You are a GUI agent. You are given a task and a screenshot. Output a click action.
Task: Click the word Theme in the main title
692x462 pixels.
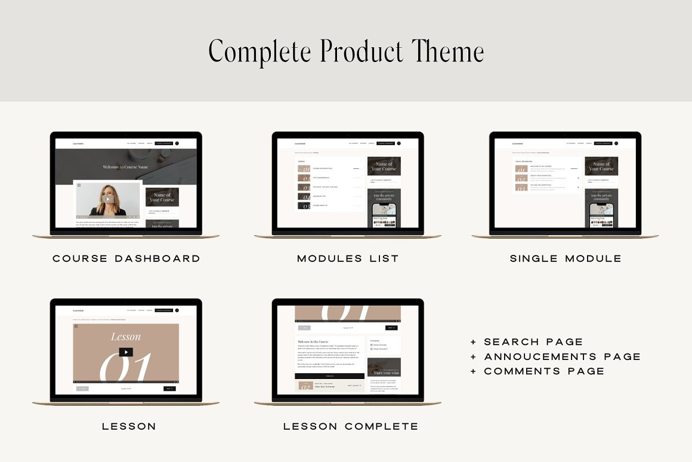448,51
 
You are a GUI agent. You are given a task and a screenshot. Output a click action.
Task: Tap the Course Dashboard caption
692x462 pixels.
126,258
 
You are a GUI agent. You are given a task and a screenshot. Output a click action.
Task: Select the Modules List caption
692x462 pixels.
348,258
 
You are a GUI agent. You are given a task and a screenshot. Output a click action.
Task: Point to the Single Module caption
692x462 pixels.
566,258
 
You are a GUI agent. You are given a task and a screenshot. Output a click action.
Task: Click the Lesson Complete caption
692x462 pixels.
350,426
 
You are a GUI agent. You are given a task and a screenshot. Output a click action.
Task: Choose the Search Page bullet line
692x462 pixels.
527,342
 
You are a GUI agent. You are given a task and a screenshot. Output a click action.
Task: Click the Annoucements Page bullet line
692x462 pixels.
556,356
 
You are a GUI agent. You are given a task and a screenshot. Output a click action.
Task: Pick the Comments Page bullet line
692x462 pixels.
538,371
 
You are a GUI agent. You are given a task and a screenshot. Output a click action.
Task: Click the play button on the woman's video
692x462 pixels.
107,199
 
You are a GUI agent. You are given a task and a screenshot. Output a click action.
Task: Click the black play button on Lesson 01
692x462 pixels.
126,352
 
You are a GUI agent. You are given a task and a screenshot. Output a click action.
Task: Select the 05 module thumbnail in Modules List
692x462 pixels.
304,205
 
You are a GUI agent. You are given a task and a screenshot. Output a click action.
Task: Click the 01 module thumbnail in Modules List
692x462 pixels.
304,169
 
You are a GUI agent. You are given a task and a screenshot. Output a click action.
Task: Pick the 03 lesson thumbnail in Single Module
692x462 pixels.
521,187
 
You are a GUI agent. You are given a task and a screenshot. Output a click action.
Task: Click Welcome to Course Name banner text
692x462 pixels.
125,167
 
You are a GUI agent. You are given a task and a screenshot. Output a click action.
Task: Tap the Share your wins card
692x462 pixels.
384,368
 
